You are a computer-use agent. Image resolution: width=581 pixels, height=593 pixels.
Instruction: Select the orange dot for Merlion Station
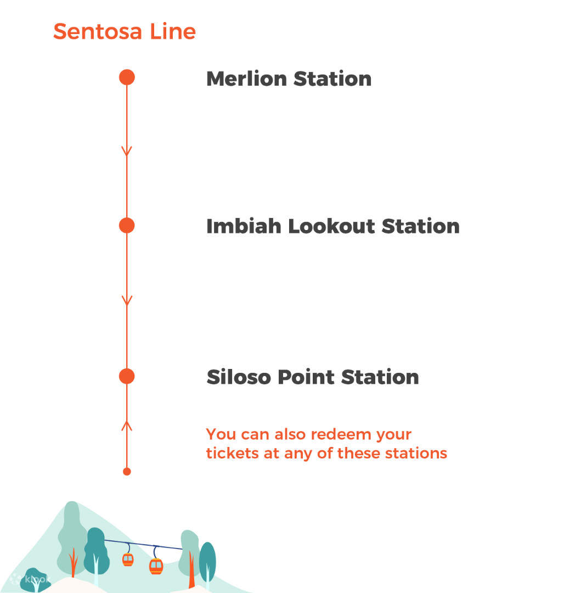[x=127, y=77]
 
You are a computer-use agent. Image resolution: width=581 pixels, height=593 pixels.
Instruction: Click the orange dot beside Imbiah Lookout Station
[x=127, y=226]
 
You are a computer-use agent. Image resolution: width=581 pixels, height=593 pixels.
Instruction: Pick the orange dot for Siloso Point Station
[x=127, y=376]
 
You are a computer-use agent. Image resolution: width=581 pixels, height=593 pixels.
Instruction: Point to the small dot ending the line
[x=127, y=471]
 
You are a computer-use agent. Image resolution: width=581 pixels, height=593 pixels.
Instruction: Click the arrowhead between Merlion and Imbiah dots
[x=127, y=150]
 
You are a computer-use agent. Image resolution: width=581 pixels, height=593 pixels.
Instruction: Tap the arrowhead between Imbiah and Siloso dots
[x=127, y=300]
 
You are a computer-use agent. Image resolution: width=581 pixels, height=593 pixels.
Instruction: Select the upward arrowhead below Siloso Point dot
[x=127, y=425]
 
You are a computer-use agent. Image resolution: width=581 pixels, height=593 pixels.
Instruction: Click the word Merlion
[x=246, y=79]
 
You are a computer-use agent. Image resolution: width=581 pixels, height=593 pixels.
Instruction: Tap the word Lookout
[x=331, y=226]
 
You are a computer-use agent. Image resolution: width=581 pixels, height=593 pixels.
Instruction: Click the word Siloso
[x=239, y=377]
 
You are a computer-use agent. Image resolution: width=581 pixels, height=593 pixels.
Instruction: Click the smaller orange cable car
[x=128, y=559]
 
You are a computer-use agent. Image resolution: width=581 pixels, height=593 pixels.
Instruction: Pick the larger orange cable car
[x=156, y=566]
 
